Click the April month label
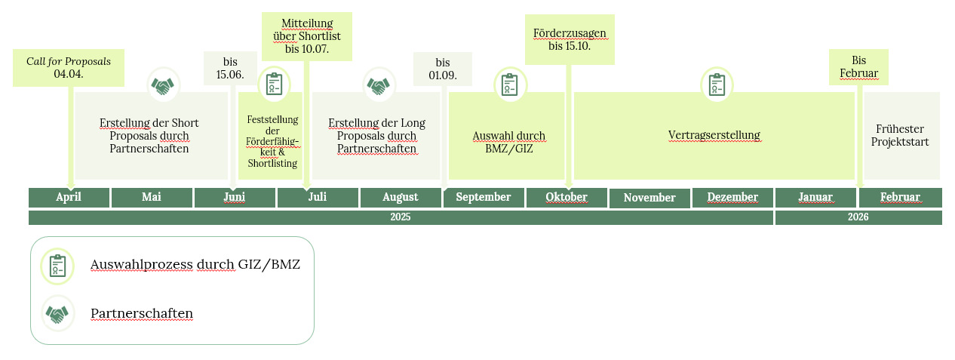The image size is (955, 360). pyautogui.click(x=69, y=197)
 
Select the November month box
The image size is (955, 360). pyautogui.click(x=649, y=198)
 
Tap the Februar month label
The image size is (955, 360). pyautogui.click(x=900, y=197)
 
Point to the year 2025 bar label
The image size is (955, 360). pyautogui.click(x=401, y=217)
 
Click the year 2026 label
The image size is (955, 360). pyautogui.click(x=858, y=217)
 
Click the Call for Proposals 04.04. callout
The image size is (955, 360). pyautogui.click(x=69, y=67)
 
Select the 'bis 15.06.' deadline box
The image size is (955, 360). pyautogui.click(x=230, y=67)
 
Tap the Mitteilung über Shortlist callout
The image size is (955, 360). pyautogui.click(x=307, y=36)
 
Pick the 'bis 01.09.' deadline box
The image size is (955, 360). pyautogui.click(x=443, y=68)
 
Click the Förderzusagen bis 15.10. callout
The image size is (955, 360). pyautogui.click(x=570, y=39)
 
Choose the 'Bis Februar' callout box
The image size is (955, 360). pyautogui.click(x=858, y=67)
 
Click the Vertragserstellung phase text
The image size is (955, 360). pyautogui.click(x=714, y=136)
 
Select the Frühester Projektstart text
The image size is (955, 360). pyautogui.click(x=900, y=135)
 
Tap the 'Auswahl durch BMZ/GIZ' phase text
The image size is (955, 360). pyautogui.click(x=508, y=142)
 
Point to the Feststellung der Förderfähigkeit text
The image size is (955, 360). pyautogui.click(x=272, y=141)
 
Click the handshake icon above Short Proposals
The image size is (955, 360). pyautogui.click(x=163, y=85)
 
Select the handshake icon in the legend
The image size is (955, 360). pyautogui.click(x=57, y=314)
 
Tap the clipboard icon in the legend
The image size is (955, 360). pyautogui.click(x=57, y=266)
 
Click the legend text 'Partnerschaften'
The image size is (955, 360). pyautogui.click(x=142, y=313)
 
